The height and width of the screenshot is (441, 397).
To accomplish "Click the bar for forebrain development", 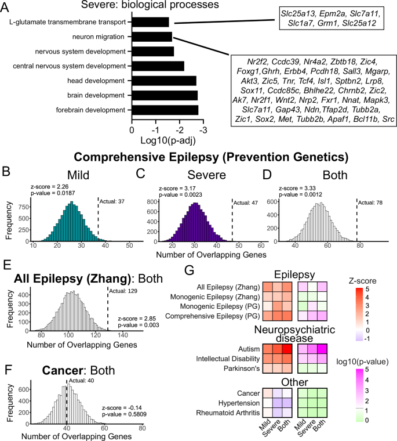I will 165,110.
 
